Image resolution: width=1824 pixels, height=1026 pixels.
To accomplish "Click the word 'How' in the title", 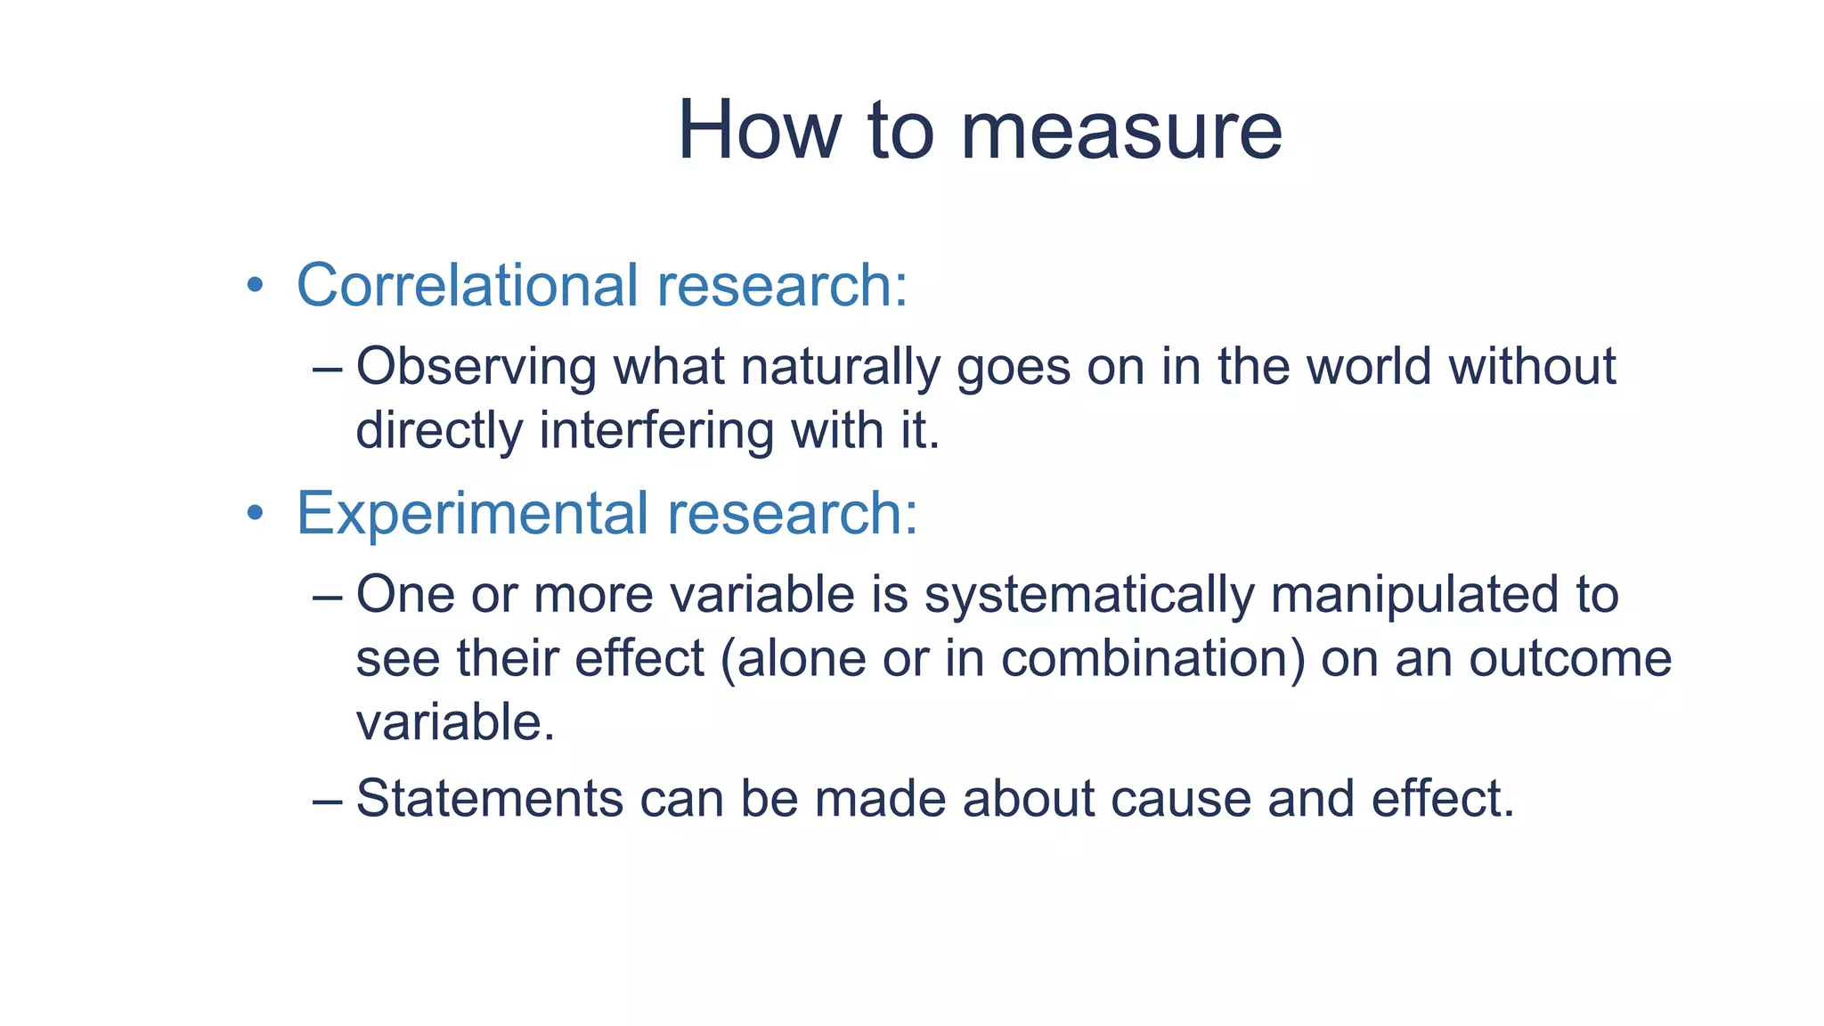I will [x=758, y=132].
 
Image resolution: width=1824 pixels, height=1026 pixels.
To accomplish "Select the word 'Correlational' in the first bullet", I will [x=467, y=286].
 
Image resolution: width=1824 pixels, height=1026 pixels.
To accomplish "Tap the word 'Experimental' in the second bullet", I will [x=472, y=514].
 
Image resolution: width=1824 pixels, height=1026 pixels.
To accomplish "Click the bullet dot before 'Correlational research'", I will [x=256, y=286].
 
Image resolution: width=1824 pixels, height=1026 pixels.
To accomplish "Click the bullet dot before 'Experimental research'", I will [x=256, y=513].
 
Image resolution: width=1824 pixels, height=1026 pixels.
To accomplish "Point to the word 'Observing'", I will [x=476, y=367].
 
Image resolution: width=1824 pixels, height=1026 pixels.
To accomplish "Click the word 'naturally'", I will [x=840, y=367].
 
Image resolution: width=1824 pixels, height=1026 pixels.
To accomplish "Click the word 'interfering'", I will [x=656, y=431].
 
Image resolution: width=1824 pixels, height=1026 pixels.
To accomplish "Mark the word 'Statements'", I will [x=489, y=798].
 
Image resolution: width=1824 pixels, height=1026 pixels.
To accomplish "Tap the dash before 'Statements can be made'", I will [x=327, y=800].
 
